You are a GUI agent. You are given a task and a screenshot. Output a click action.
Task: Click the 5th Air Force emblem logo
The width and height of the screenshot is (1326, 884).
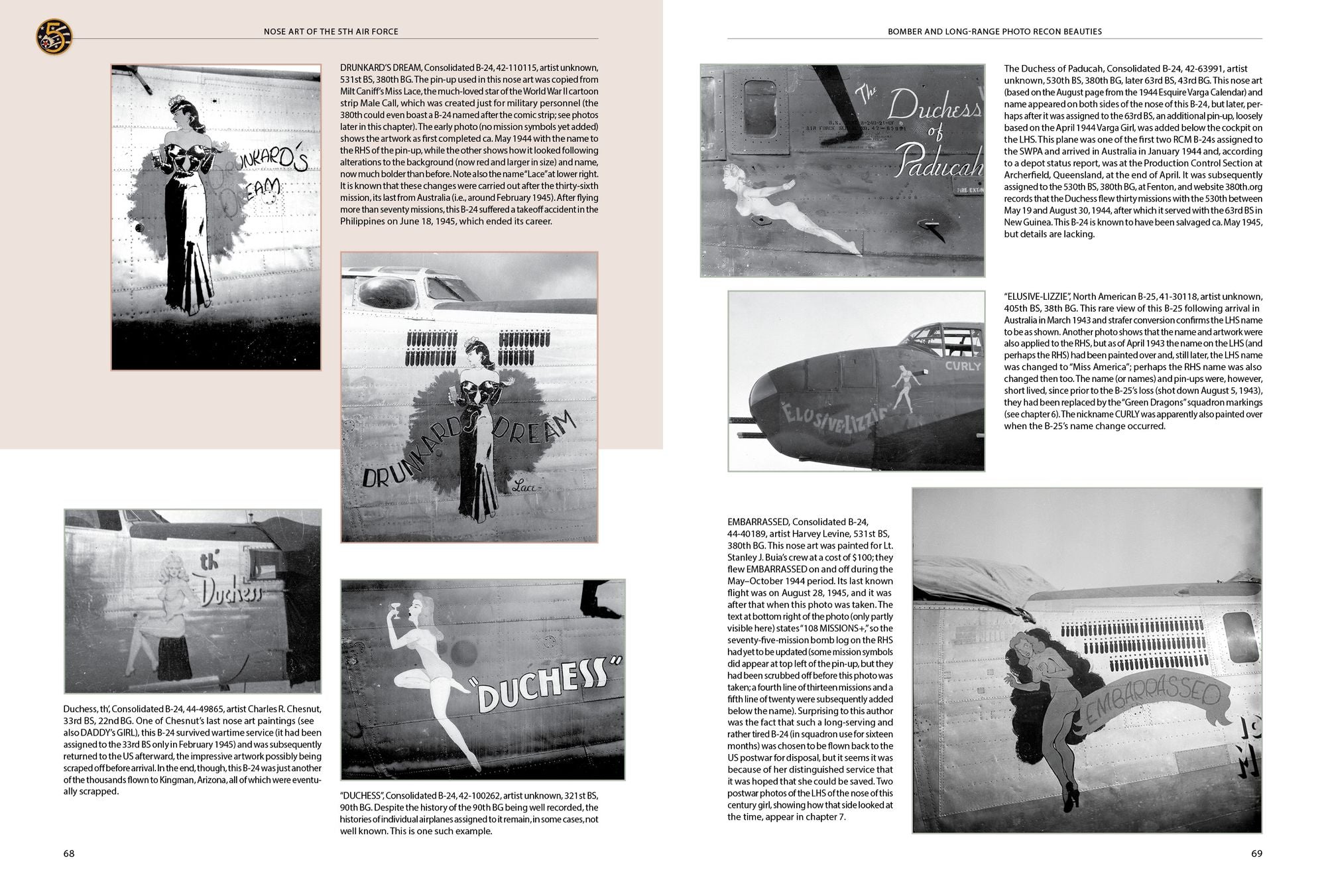[54, 37]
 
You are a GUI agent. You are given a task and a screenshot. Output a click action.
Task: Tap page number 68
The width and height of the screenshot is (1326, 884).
[69, 853]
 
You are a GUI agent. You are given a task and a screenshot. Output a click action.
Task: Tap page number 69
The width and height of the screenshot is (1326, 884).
[1256, 853]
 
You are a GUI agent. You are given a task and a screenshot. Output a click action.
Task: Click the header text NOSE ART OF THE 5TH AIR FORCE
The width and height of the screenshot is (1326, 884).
[331, 31]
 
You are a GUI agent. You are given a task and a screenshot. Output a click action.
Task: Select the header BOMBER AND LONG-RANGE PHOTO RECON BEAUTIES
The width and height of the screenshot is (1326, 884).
[994, 31]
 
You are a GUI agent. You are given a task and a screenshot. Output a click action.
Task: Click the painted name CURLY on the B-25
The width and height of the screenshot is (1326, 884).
[963, 366]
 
